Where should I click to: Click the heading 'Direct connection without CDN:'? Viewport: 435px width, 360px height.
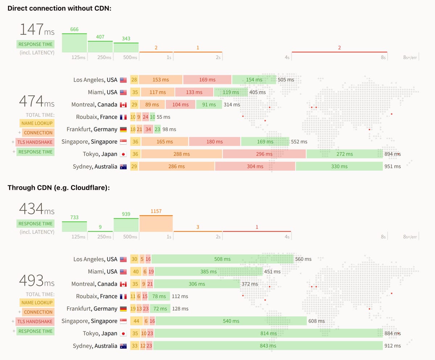59,8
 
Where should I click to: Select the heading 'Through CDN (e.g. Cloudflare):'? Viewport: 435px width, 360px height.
59,188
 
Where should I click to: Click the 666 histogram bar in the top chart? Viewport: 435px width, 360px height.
74,43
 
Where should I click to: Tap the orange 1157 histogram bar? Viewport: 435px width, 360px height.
156,224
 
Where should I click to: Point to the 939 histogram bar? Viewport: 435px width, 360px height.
126,225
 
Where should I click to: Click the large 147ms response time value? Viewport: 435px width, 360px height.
37,29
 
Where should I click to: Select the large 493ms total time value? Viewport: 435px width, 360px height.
37,280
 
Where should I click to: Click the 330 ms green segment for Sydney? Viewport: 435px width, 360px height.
339,167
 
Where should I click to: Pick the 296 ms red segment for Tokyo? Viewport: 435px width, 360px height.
264,154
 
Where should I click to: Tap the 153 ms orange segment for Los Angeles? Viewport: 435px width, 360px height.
161,80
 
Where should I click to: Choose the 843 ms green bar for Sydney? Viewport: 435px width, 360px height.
268,346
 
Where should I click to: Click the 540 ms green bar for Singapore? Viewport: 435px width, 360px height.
231,321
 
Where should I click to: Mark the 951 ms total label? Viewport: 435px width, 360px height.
393,167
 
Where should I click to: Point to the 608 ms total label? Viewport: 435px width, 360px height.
316,321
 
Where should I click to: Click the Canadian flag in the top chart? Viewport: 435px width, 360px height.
123,105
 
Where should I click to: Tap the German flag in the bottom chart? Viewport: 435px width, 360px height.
123,309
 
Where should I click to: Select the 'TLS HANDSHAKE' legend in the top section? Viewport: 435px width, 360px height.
34,142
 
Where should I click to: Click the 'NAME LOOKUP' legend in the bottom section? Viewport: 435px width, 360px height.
37,303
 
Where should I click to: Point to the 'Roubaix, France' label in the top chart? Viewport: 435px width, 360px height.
96,117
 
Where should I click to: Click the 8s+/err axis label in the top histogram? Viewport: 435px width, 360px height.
410,58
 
